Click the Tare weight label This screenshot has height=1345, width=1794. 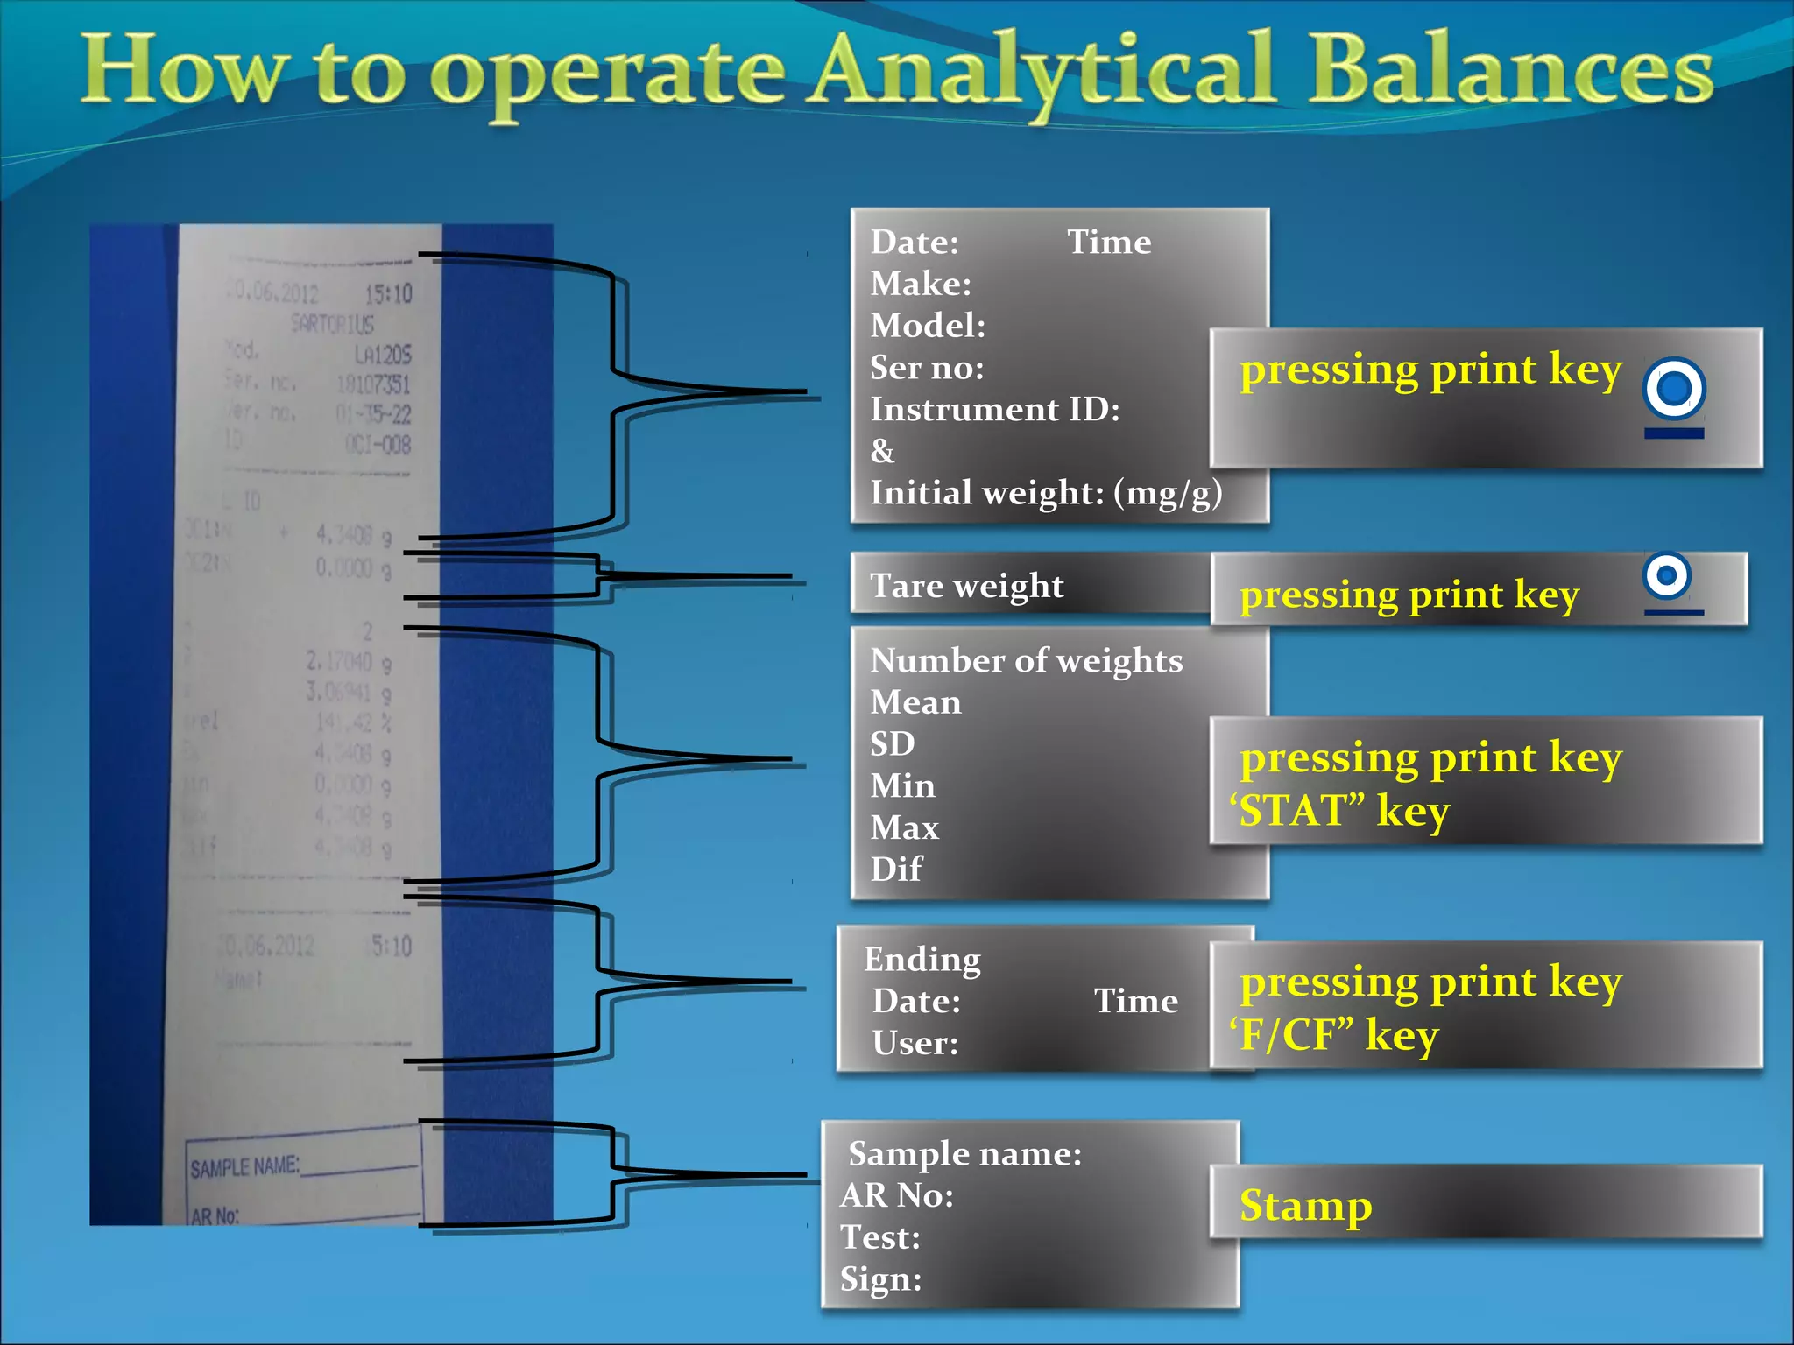pos(966,585)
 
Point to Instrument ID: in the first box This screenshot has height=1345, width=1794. pos(994,409)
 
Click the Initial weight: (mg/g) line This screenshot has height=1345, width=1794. pos(1045,493)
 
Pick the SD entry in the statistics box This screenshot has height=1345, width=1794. pos(892,743)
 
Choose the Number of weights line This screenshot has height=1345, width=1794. pos(1026,660)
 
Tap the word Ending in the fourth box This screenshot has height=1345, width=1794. pos(922,960)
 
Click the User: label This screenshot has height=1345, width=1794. pos(915,1043)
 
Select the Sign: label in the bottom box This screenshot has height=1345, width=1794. pos(880,1279)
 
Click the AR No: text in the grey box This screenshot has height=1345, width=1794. pos(896,1195)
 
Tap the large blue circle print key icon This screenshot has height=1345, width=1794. pos(1674,388)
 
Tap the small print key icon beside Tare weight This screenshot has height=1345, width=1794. pos(1667,575)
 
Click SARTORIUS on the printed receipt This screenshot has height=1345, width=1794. pos(332,325)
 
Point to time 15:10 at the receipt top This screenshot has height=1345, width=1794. pos(388,293)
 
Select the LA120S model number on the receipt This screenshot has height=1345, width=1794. pos(382,355)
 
